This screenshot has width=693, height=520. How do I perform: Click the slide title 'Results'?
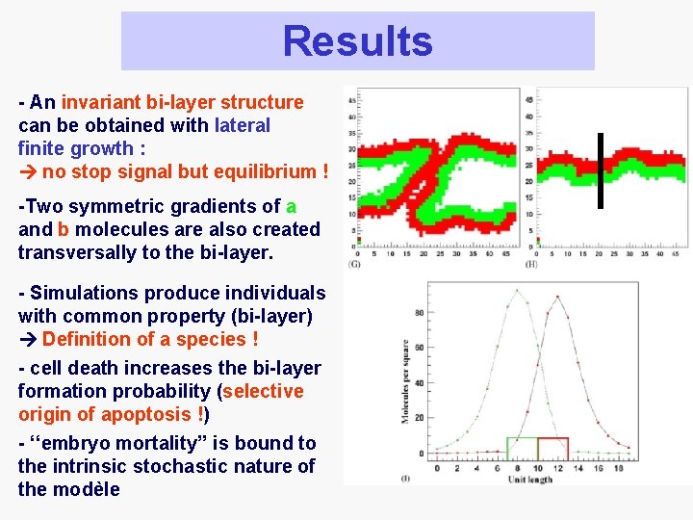357,41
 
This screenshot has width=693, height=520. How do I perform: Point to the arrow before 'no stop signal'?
28,171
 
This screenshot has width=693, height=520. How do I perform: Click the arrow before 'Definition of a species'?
28,339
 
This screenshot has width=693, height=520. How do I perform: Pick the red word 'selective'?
263,391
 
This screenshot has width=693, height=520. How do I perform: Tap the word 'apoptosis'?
144,414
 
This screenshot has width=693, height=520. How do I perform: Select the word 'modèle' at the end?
88,489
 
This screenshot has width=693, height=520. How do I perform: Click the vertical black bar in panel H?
599,169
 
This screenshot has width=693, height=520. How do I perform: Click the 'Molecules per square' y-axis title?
405,381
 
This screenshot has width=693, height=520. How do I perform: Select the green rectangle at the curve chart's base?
522,449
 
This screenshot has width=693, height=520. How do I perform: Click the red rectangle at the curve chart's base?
552,449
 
